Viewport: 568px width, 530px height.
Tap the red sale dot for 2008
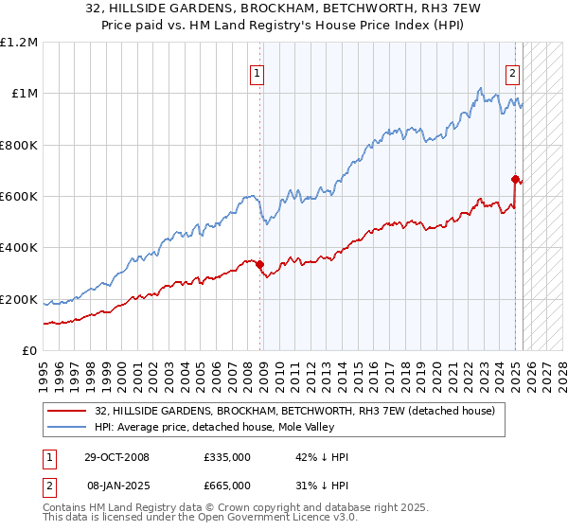(259, 264)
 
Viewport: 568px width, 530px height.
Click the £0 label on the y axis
(29, 351)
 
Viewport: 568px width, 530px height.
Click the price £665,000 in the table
(226, 486)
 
